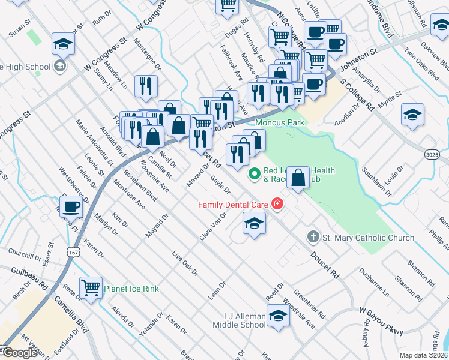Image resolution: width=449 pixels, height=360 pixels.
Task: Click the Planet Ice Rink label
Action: (131, 289)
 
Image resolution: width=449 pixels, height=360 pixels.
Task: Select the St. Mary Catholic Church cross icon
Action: (313, 237)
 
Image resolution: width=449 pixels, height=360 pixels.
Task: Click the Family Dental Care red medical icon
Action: (277, 205)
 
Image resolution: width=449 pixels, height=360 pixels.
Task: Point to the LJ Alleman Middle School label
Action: (239, 320)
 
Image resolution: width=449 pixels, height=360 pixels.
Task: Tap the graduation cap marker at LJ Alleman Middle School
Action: (278, 315)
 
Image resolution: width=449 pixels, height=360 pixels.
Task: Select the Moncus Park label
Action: (280, 122)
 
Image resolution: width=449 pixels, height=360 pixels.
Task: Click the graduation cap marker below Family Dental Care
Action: (254, 224)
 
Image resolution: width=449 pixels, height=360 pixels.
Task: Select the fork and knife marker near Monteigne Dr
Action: (146, 86)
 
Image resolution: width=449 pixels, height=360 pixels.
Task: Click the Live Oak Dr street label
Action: (185, 263)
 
